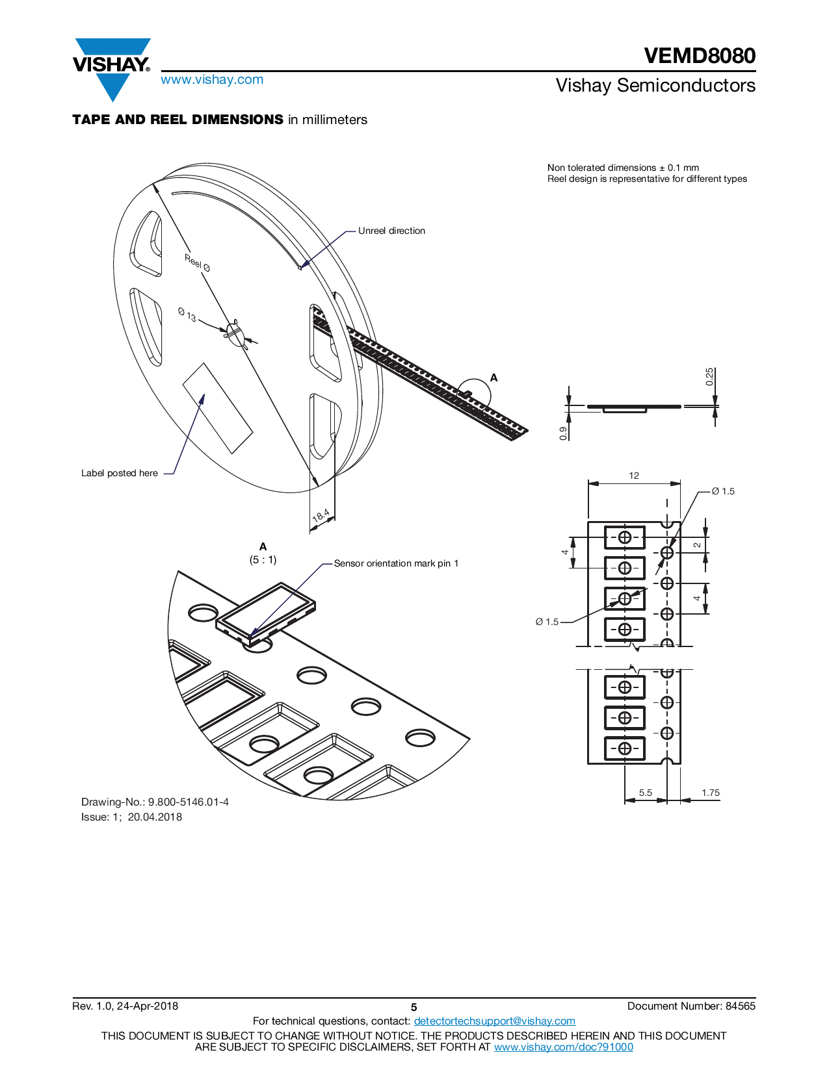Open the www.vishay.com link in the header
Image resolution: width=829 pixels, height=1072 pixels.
212,80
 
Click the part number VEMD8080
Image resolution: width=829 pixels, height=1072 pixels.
700,56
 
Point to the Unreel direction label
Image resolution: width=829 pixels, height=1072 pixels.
391,231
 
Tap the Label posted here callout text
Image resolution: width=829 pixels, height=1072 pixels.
120,473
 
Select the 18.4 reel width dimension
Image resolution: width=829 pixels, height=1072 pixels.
321,517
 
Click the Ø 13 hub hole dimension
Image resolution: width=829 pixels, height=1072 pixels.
187,314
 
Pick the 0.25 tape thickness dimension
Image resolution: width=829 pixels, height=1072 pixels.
709,376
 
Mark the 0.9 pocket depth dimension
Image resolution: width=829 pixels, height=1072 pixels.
563,433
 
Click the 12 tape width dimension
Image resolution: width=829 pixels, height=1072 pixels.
634,476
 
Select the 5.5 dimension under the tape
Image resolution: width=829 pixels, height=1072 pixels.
645,793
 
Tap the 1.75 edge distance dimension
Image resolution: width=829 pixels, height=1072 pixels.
711,793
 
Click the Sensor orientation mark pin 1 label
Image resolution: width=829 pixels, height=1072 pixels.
396,563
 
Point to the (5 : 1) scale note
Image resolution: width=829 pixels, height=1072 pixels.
263,560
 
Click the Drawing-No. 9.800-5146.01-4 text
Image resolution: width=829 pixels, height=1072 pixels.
155,802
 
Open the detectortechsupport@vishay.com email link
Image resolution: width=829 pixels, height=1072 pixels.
494,1021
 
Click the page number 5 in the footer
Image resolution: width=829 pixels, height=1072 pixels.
414,1007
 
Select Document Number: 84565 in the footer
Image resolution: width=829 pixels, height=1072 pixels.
691,1006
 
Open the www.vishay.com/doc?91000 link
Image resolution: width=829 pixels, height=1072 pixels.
563,1047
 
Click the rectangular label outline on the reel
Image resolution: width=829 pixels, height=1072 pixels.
217,408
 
